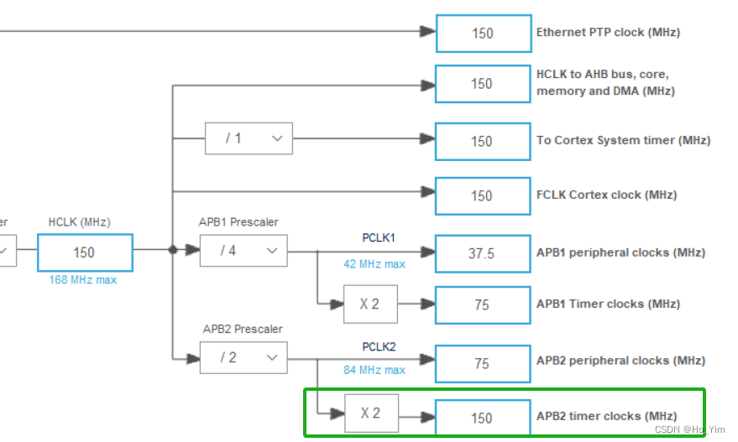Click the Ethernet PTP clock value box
click(483, 34)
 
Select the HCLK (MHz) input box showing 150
click(85, 252)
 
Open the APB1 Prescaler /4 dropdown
click(243, 251)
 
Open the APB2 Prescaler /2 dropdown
click(243, 358)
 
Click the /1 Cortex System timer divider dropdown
click(249, 138)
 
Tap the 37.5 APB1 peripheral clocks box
click(483, 253)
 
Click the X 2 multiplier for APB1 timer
click(369, 304)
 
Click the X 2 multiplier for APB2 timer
click(369, 413)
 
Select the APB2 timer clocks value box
click(483, 417)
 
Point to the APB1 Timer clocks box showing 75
click(483, 305)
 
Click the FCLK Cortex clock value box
click(483, 195)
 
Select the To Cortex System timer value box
click(483, 141)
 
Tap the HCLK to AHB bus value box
click(483, 84)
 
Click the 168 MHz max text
click(83, 280)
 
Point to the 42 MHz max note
click(374, 264)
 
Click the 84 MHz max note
click(374, 370)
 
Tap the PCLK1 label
click(379, 238)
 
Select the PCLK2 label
click(379, 346)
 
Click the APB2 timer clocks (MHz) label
click(606, 416)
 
